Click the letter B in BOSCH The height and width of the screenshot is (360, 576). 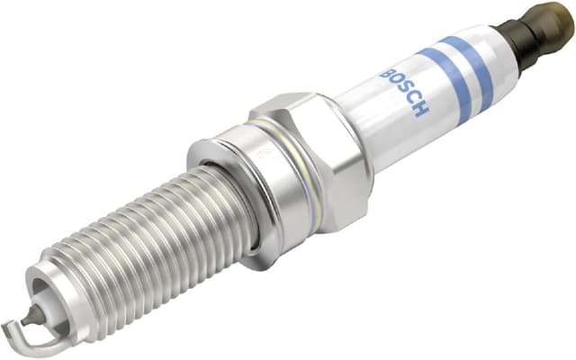tap(388, 71)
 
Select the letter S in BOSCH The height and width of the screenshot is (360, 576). tap(404, 90)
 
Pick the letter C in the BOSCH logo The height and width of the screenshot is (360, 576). tap(412, 99)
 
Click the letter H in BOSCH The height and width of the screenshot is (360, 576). tap(420, 110)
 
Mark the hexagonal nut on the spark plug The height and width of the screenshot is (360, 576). tap(319, 162)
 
